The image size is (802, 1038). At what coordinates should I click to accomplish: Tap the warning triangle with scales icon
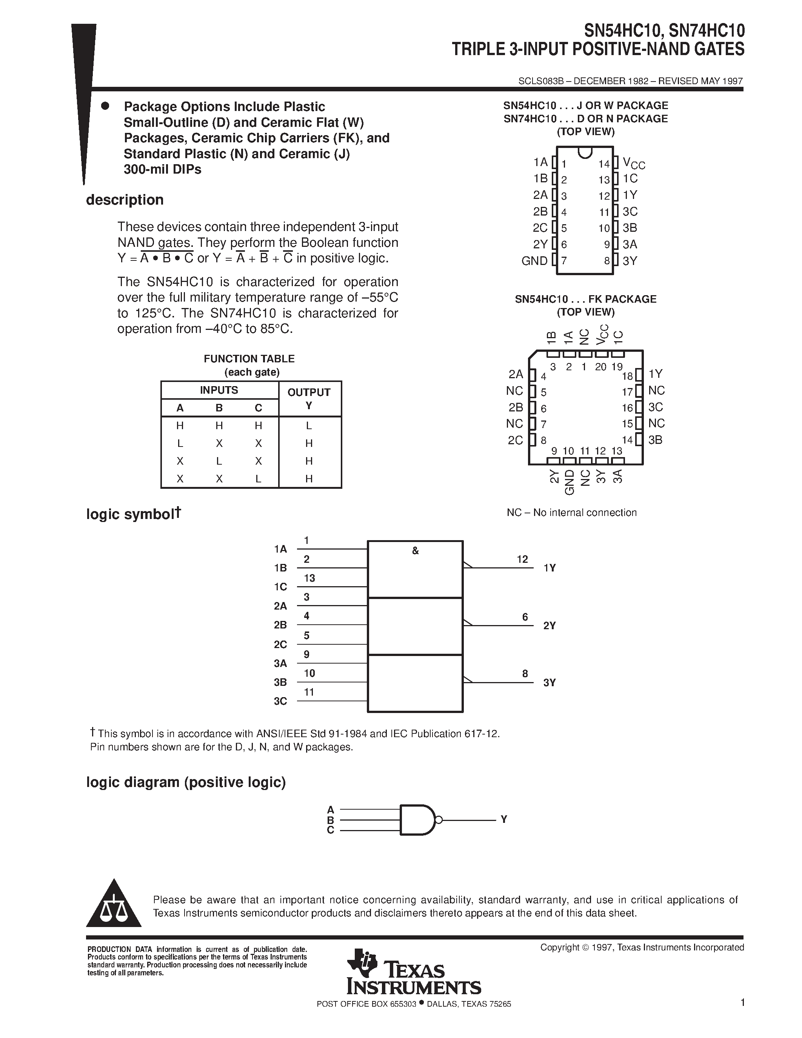[114, 905]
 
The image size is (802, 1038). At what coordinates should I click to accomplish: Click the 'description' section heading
[125, 200]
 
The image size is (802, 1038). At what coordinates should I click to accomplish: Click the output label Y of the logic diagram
[503, 819]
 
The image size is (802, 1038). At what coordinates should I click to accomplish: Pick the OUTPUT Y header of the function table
[309, 398]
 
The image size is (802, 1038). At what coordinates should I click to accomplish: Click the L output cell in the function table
[309, 426]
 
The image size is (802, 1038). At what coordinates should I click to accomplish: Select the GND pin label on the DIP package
[534, 261]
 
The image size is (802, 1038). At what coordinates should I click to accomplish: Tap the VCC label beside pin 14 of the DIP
[634, 164]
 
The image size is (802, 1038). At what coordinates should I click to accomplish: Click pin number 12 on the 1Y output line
[522, 559]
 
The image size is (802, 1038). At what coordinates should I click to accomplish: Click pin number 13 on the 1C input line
[309, 578]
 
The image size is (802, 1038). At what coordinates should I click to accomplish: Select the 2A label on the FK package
[516, 374]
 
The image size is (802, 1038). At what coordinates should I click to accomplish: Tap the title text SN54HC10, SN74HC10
[664, 31]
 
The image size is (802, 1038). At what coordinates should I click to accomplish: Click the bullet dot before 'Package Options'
[105, 106]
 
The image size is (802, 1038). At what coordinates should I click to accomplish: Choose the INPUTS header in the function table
[219, 390]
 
